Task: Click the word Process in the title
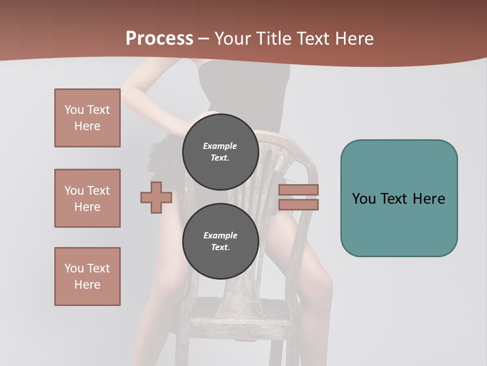[159, 39]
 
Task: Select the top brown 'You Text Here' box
[87, 118]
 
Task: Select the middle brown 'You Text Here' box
[87, 198]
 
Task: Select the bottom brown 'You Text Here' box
[87, 277]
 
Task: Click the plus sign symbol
[156, 198]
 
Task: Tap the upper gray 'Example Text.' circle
[220, 152]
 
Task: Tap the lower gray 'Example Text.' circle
[220, 241]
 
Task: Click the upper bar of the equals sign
[298, 190]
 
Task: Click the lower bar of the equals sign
[298, 205]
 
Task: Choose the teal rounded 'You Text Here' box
[399, 198]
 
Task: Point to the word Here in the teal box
[429, 199]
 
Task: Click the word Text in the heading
[314, 39]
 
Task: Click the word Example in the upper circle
[220, 146]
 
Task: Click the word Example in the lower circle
[220, 236]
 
